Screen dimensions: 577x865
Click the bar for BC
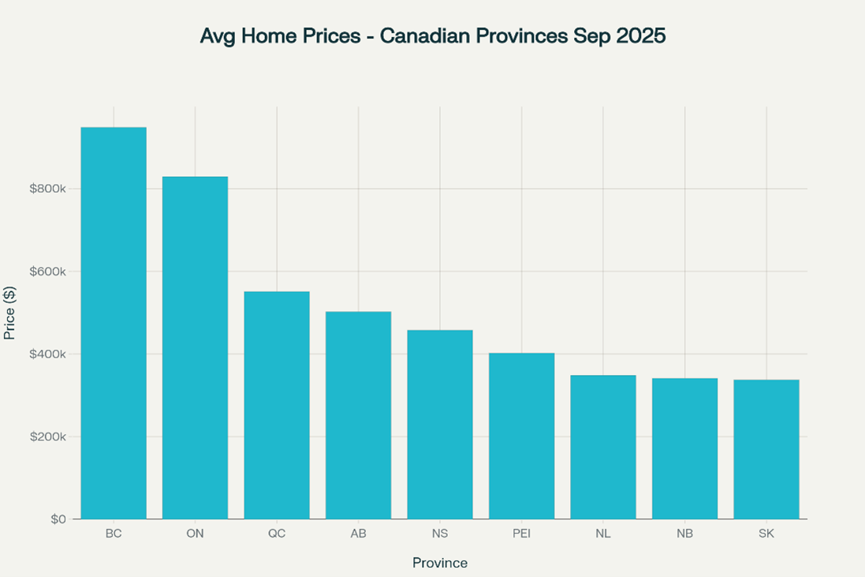114,323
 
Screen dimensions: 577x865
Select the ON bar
195,347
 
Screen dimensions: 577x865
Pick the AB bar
358,415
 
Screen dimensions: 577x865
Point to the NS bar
440,425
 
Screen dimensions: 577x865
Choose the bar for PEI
521,436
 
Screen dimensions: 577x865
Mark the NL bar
603,447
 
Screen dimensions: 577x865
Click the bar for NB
684,448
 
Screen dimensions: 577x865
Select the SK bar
766,449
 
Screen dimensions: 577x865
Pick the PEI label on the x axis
521,534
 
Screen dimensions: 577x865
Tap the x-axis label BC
114,534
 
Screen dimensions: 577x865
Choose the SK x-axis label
766,534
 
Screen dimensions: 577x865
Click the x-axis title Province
440,563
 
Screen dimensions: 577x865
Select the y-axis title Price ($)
10,313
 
